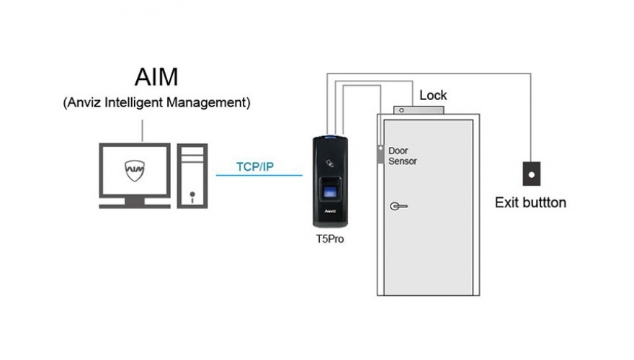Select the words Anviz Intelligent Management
click(156, 103)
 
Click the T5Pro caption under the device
click(331, 238)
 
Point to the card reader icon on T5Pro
click(331, 162)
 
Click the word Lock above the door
click(433, 95)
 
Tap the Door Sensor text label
click(402, 156)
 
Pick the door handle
click(398, 206)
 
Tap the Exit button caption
click(530, 202)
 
